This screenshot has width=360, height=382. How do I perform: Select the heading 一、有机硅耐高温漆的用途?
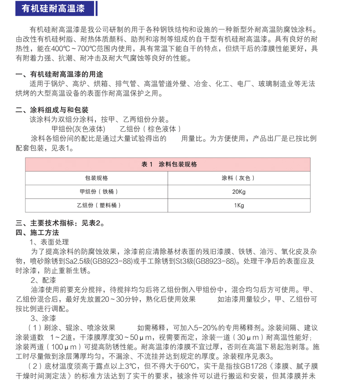tap(59, 74)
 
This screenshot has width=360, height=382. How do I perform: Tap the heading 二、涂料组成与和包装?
tap(52, 110)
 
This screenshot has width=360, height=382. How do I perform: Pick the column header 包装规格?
tap(96, 178)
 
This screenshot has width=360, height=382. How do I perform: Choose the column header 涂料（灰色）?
tap(238, 178)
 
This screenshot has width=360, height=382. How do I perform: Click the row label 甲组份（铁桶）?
tap(96, 191)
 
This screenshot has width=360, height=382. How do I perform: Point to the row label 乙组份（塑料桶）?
tap(96, 205)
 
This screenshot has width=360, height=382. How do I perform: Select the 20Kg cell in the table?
tap(238, 191)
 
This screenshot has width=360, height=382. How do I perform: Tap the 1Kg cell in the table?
tap(238, 205)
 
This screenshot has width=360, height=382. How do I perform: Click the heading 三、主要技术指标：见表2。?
tap(61, 223)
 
